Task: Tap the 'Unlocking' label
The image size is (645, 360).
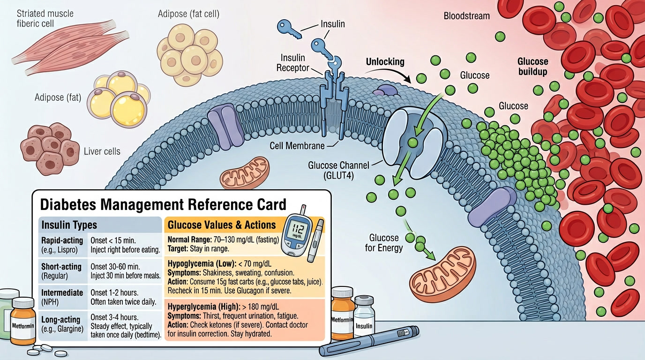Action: [385, 62]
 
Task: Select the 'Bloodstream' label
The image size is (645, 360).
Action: [466, 16]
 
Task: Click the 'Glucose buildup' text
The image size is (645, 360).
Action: [532, 67]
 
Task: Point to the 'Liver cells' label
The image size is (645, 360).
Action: [102, 151]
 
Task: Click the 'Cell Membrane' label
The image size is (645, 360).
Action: [297, 146]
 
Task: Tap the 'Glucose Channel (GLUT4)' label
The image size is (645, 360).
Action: [338, 170]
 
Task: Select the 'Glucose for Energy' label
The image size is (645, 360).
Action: [384, 243]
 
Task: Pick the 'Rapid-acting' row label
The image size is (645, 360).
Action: [62, 240]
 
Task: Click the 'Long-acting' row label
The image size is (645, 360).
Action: [61, 319]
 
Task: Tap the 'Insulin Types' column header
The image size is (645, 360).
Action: [69, 225]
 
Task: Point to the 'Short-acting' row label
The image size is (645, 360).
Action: [61, 267]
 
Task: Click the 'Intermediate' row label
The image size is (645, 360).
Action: [62, 293]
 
